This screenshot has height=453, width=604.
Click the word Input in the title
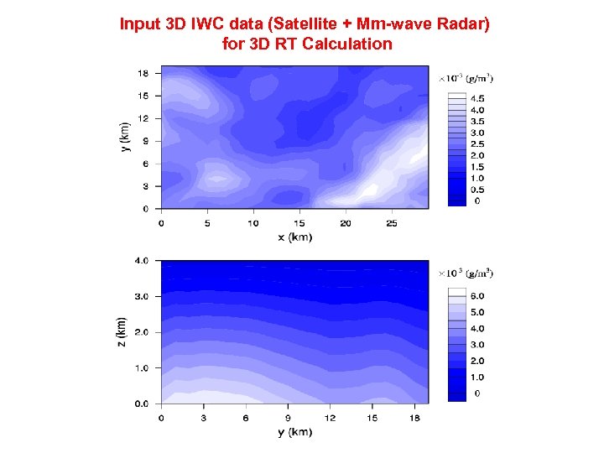point(138,24)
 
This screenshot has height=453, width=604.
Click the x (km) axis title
point(294,237)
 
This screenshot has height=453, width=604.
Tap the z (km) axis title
point(122,333)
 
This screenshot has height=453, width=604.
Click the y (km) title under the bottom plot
point(294,432)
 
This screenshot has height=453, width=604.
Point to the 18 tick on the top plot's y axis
point(144,73)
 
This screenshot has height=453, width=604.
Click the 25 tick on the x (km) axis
point(391,223)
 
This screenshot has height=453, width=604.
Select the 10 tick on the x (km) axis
point(253,223)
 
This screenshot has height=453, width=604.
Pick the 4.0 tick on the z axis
point(143,261)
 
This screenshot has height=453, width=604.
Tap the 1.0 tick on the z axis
point(143,368)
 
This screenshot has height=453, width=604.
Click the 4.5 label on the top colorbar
point(476,99)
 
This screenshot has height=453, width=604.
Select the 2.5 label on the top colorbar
point(476,144)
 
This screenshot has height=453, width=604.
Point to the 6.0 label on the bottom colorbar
point(476,296)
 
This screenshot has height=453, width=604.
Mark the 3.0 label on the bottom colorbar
point(476,345)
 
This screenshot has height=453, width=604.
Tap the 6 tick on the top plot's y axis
point(146,164)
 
